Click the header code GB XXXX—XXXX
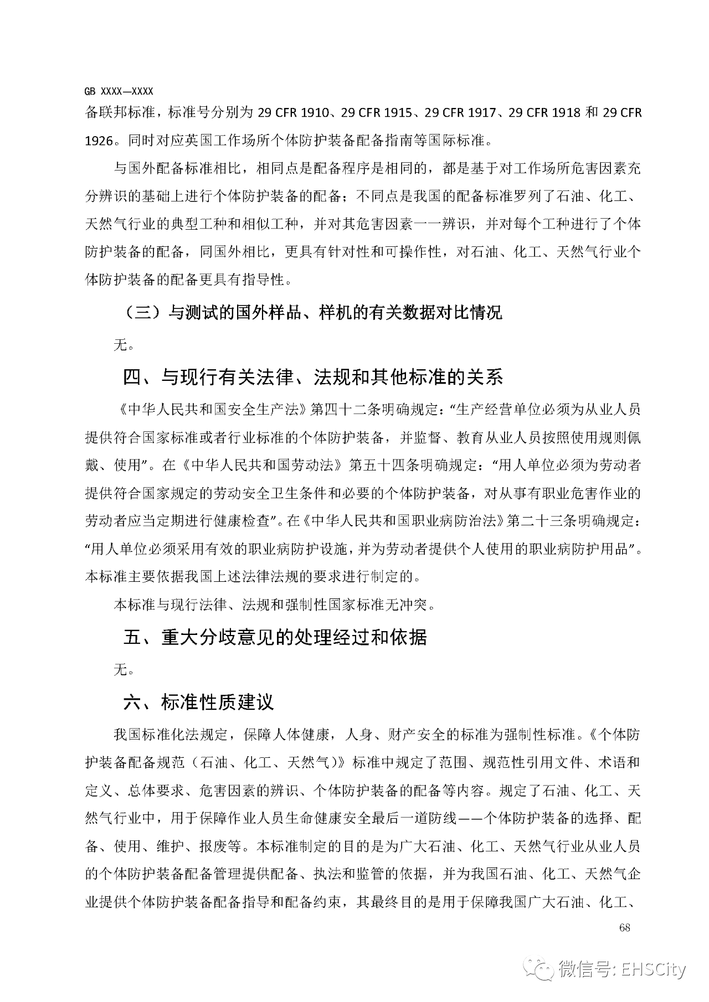click(x=119, y=91)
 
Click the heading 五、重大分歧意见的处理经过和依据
click(x=275, y=637)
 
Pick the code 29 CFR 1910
click(x=294, y=113)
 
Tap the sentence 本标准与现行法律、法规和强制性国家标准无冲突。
click(x=275, y=605)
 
